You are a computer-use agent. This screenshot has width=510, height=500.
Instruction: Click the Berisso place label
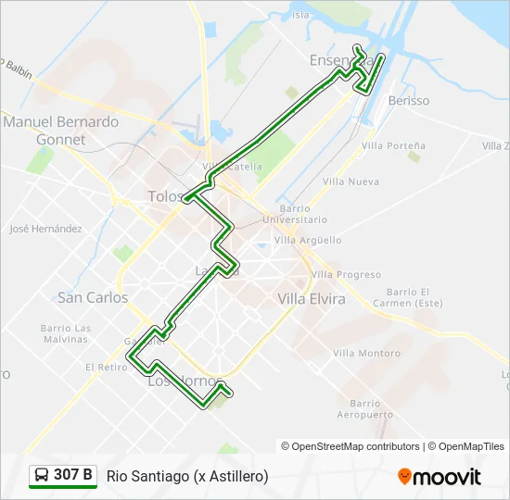409,100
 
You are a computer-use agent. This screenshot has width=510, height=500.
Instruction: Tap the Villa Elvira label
312,299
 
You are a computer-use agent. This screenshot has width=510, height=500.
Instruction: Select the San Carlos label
93,298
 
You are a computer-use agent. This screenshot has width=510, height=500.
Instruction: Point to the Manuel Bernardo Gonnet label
60,131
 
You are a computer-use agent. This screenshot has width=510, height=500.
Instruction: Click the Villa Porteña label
393,145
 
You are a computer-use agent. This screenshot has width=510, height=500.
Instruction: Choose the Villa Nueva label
350,181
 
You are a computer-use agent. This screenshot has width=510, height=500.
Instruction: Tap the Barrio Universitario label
294,214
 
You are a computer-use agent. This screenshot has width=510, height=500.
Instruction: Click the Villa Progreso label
346,274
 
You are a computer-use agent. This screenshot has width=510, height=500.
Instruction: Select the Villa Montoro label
367,353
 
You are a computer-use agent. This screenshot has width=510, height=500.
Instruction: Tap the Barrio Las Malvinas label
66,333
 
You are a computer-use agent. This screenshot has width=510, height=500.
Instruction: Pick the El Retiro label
107,367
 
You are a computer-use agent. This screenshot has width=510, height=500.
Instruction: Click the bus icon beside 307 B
42,476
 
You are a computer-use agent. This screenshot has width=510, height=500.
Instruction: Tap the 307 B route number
73,476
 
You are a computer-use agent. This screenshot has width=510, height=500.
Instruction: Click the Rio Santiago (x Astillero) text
187,476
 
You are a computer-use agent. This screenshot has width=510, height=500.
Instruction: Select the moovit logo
440,477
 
